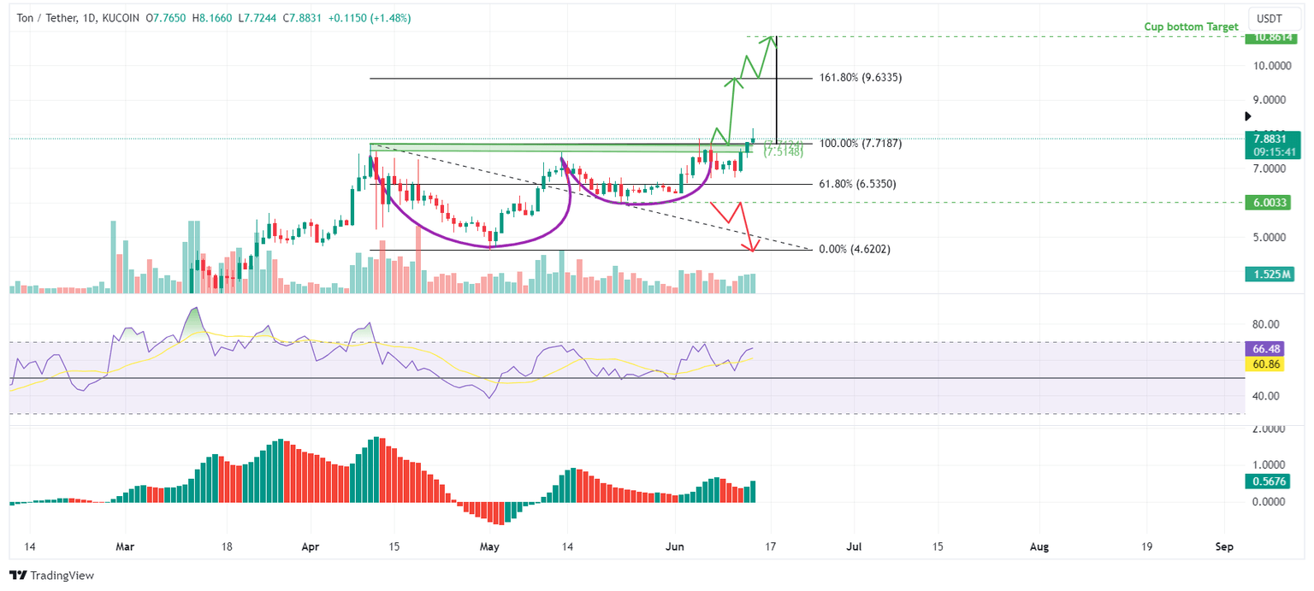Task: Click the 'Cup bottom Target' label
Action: point(1191,27)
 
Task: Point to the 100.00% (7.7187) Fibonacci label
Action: point(860,143)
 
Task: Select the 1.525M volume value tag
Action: point(1270,275)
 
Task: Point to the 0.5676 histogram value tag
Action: point(1270,482)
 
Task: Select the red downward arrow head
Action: point(752,248)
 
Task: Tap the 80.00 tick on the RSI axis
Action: point(1267,324)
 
